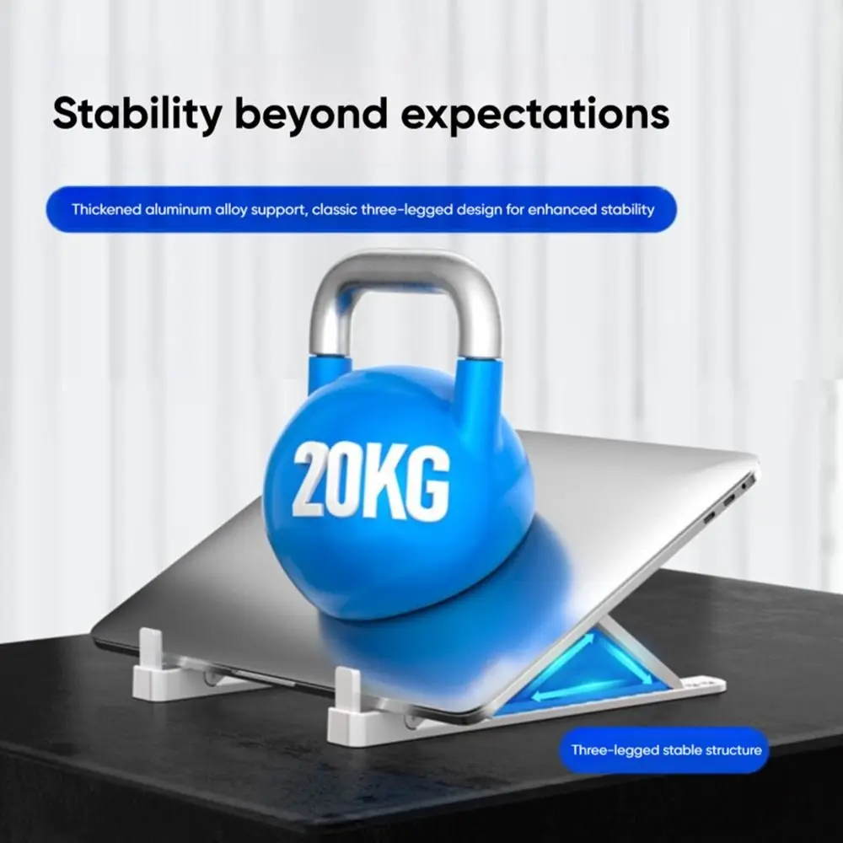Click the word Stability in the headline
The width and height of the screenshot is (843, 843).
(135, 114)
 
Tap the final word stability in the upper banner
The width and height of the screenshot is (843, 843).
(626, 210)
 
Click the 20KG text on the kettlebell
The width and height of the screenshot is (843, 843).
(370, 481)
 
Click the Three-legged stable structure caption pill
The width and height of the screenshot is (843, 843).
(665, 749)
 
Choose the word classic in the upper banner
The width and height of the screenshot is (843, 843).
(336, 210)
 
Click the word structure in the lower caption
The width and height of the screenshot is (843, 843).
(733, 749)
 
